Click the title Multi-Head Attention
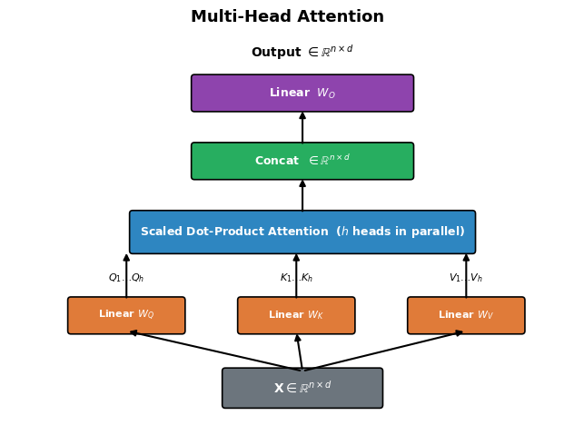pyautogui.click(x=287, y=17)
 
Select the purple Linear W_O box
pyautogui.click(x=302, y=94)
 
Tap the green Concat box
pyautogui.click(x=302, y=161)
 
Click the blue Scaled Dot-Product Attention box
pyautogui.click(x=302, y=232)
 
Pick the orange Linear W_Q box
pyautogui.click(x=126, y=315)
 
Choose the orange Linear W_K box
pyautogui.click(x=296, y=315)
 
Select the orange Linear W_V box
pyautogui.click(x=466, y=315)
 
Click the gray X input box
pyautogui.click(x=302, y=388)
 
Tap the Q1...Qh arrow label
pyautogui.click(x=126, y=278)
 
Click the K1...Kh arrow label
pyautogui.click(x=296, y=278)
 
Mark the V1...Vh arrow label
pyautogui.click(x=466, y=278)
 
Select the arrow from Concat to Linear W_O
pyautogui.click(x=302, y=127)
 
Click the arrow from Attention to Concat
pyautogui.click(x=302, y=195)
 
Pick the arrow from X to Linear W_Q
pyautogui.click(x=213, y=351)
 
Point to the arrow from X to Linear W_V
pyautogui.click(x=383, y=351)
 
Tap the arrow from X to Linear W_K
pyautogui.click(x=299, y=351)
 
